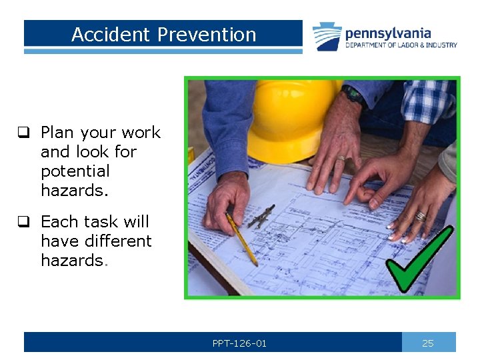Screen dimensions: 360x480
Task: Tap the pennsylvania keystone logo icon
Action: click(x=327, y=37)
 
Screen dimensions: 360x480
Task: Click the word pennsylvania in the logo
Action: click(x=387, y=33)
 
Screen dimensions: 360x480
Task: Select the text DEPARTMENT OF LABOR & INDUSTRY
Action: click(x=401, y=45)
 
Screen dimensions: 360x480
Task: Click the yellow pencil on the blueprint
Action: click(x=243, y=239)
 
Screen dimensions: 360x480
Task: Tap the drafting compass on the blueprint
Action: click(x=261, y=216)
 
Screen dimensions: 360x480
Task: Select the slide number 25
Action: click(x=428, y=343)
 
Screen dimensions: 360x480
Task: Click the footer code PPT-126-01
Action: click(x=239, y=343)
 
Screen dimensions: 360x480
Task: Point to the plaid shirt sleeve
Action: click(x=427, y=101)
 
